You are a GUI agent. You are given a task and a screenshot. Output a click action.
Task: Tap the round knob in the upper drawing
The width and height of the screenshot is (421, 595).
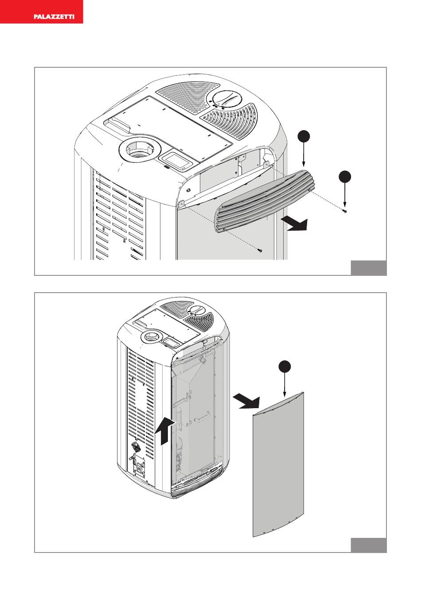tap(226, 98)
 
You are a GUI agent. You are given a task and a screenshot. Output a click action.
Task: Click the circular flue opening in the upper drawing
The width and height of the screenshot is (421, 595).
tap(137, 151)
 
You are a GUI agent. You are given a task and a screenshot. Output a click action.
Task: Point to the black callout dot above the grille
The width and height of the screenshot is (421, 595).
tap(303, 136)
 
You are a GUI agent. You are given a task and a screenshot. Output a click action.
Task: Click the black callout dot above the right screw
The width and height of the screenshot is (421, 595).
tap(345, 176)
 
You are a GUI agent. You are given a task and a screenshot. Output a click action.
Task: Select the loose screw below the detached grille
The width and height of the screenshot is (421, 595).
tap(260, 251)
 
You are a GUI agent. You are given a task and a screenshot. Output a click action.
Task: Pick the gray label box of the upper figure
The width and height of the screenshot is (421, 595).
tap(369, 268)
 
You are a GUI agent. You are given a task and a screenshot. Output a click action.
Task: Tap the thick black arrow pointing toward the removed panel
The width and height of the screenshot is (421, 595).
tap(247, 402)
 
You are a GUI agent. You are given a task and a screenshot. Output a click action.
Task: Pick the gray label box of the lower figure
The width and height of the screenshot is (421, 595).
tap(369, 545)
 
